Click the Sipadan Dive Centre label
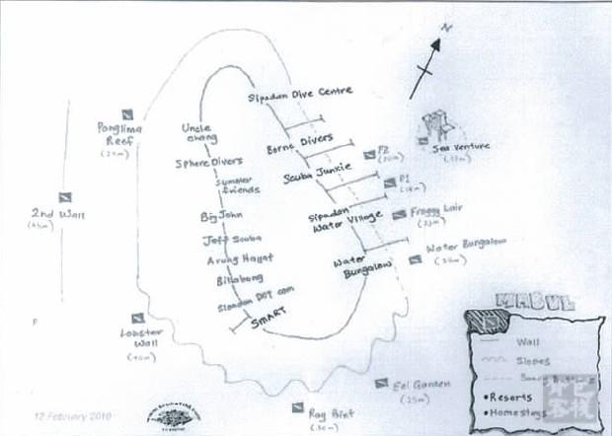[299, 94]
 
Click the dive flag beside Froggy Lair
[399, 214]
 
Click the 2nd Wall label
[43, 214]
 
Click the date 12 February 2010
[65, 416]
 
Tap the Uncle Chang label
[199, 133]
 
